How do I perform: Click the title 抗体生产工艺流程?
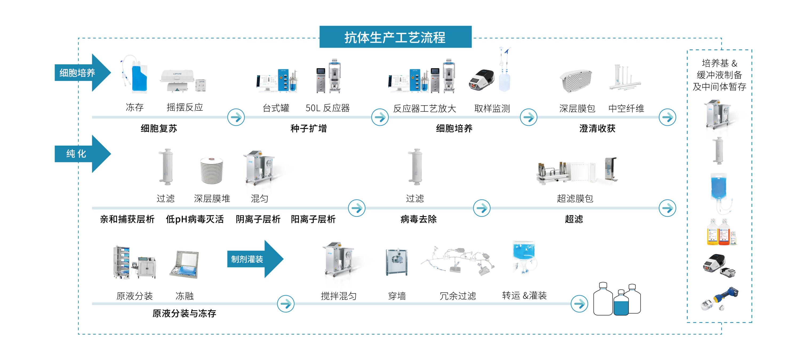tap(395, 37)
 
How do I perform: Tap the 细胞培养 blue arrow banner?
tap(78, 73)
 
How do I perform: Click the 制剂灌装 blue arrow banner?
tap(247, 259)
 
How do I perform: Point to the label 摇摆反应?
tap(185, 107)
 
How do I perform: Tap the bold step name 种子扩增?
tap(308, 128)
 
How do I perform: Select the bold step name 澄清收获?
tap(597, 128)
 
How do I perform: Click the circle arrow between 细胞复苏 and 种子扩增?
tap(236, 117)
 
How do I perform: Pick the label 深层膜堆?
tap(212, 198)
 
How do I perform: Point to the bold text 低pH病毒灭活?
tap(195, 219)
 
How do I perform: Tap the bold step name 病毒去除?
tap(418, 219)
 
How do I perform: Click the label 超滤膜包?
tap(575, 198)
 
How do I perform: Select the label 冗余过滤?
tap(458, 296)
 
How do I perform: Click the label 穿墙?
tap(397, 296)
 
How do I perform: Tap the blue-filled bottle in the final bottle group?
tap(621, 305)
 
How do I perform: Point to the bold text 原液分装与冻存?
tap(184, 313)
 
